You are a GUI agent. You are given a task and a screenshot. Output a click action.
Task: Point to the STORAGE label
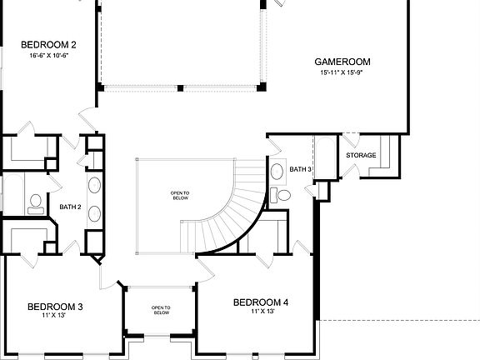(361, 155)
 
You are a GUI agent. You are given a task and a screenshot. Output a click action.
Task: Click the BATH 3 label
(300, 170)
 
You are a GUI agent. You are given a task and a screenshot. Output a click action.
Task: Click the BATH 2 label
(70, 207)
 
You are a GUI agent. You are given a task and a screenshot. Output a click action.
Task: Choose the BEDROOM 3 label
(55, 307)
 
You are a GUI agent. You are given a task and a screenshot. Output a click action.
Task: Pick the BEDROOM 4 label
(261, 302)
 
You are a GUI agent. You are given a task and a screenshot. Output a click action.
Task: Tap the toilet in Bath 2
(34, 201)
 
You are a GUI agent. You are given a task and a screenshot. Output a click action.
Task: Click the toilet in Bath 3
(282, 196)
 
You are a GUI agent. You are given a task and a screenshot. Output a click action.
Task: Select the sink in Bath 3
(277, 172)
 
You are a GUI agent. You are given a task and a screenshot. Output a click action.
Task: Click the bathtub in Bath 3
(323, 158)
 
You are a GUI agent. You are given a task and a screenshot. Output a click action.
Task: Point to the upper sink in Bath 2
(94, 184)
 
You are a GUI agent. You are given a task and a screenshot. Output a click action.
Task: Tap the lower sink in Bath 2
(94, 213)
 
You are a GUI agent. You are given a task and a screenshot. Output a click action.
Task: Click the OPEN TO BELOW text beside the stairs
(181, 197)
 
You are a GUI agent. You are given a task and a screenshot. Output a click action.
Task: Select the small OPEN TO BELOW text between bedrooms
(161, 310)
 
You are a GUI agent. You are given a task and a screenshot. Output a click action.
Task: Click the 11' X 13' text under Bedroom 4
(262, 312)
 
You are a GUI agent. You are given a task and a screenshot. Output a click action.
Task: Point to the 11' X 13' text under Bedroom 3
(54, 317)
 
